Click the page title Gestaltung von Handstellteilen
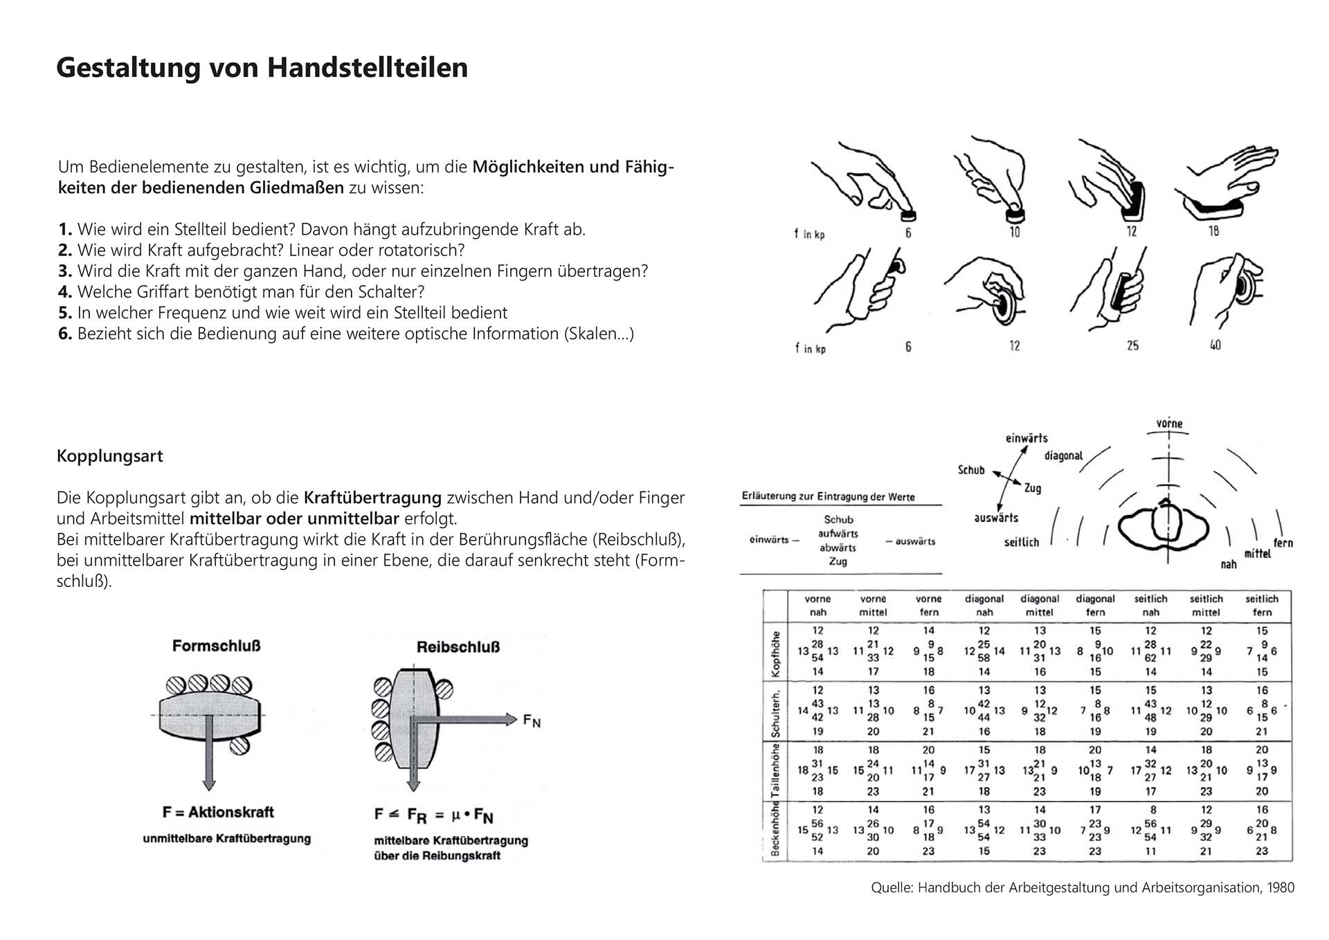tap(262, 68)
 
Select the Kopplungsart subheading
tap(109, 456)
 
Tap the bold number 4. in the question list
tap(65, 292)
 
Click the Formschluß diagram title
tap(216, 646)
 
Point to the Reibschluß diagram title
tap(458, 647)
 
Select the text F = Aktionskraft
tap(218, 812)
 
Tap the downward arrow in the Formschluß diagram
tap(208, 754)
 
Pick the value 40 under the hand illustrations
tap(1215, 345)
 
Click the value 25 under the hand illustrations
tap(1132, 345)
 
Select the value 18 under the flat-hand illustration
tap(1213, 231)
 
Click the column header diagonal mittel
tap(1039, 605)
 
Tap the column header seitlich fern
tap(1261, 605)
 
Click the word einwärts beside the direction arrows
tap(1026, 438)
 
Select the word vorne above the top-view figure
tap(1169, 424)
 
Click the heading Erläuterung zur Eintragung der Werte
tap(828, 496)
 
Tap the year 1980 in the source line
tap(1281, 887)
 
